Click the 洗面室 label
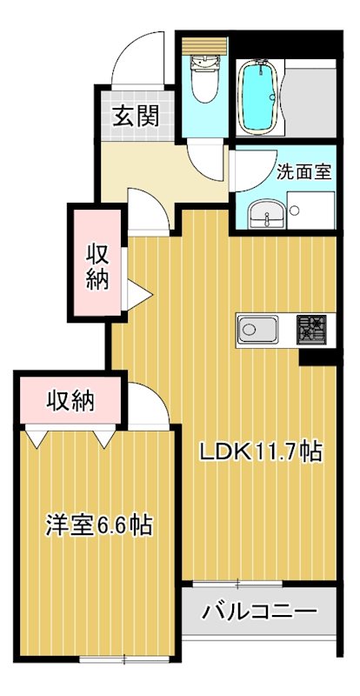(x=303, y=171)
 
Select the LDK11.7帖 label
(x=262, y=452)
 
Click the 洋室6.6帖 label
(x=98, y=525)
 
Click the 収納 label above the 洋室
(x=70, y=401)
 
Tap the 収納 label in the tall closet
(x=97, y=267)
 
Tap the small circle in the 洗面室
(x=295, y=210)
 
